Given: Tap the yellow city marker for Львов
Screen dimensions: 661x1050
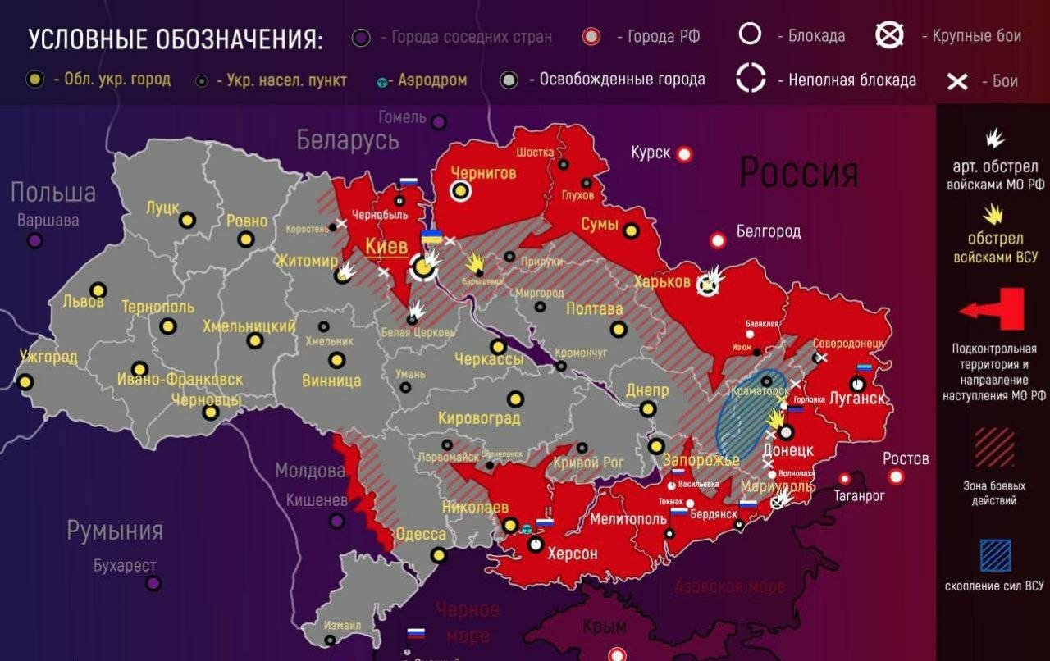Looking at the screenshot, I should point(98,290).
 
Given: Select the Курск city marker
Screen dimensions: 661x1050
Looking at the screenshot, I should point(684,154).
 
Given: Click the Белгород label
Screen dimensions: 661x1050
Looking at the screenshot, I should point(768,232).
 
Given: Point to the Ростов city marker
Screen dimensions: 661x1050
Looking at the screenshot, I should point(896,476).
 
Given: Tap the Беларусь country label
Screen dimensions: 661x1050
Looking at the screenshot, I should point(348,140).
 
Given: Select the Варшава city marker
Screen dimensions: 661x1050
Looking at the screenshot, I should point(34,241).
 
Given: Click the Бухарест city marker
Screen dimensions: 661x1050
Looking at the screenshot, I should point(153,583).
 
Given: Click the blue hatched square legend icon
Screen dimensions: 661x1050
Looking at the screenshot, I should point(995,555).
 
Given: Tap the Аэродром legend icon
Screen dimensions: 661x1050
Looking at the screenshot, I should point(383,82).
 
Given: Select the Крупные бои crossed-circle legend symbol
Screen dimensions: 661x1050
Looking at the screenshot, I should point(889,35).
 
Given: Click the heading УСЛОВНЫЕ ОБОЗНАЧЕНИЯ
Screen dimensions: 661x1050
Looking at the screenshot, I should point(175,39).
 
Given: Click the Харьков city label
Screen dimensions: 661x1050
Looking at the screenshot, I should point(661,282).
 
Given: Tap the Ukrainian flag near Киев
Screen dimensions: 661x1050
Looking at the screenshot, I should point(431,237).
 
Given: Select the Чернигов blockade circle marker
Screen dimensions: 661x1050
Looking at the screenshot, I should point(461,191).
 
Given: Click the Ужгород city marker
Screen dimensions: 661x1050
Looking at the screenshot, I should point(26,382).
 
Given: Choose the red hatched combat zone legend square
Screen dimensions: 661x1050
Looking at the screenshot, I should point(995,448).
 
